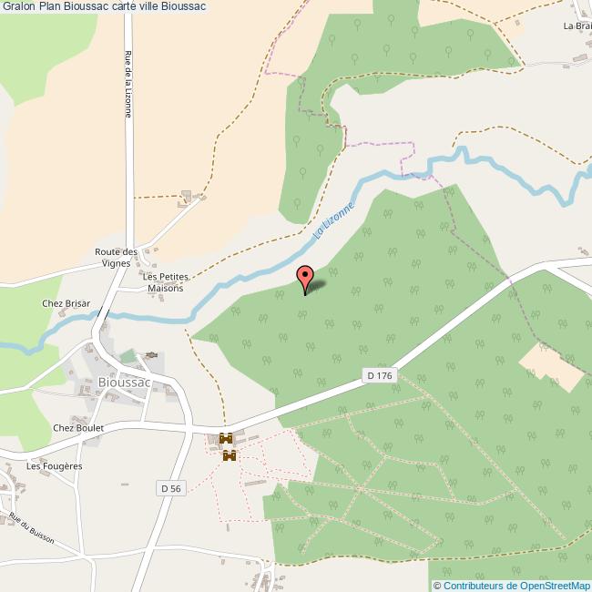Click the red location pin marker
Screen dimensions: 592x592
305,277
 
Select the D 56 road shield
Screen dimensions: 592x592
170,488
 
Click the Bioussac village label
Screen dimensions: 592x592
123,383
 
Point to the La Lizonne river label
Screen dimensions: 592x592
332,220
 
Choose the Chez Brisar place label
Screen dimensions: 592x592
65,303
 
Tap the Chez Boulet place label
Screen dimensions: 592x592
78,427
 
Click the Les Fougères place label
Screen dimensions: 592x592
55,465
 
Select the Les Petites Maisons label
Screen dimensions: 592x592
166,282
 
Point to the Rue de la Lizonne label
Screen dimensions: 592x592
128,84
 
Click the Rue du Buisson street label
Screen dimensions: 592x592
32,529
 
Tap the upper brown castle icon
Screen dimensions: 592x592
226,439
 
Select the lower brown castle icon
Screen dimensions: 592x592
229,454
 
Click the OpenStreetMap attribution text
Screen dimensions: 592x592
515,586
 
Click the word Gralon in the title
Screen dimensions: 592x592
19,6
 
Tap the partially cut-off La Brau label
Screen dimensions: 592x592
577,26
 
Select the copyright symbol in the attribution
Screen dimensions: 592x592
436,586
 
